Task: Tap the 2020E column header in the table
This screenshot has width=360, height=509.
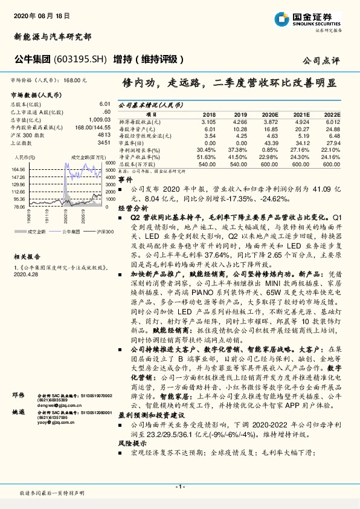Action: (269, 114)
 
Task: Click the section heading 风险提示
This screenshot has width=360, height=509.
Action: (129, 443)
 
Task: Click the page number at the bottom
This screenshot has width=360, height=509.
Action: (179, 487)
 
